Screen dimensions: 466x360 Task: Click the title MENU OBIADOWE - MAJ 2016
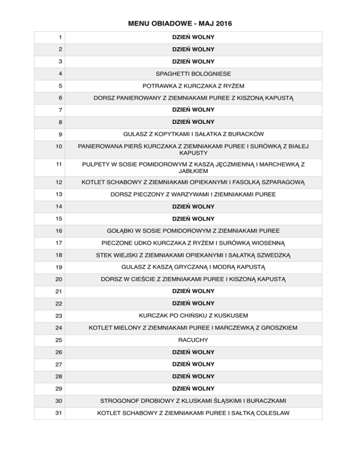click(180, 23)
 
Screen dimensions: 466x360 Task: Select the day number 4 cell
click(48, 74)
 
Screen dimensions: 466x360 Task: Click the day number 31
click(49, 413)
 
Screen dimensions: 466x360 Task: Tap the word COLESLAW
click(270, 413)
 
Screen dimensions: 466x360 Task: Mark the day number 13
click(49, 194)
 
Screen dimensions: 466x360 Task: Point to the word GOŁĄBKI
click(120, 231)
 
